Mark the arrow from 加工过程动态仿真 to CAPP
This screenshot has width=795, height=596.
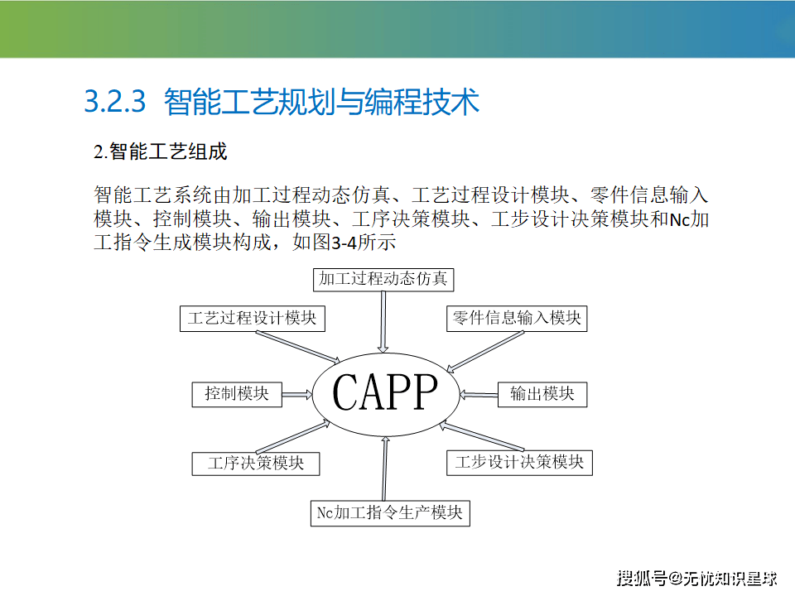pyautogui.click(x=383, y=322)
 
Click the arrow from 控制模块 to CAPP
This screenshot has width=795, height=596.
pyautogui.click(x=297, y=394)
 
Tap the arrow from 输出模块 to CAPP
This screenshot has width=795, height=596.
pyautogui.click(x=478, y=394)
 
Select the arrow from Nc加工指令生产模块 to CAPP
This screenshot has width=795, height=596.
pyautogui.click(x=385, y=469)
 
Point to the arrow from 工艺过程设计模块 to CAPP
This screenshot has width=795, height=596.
pyautogui.click(x=298, y=347)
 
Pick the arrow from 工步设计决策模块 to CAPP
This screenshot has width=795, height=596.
pyautogui.click(x=482, y=436)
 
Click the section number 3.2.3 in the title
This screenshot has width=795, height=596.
pyautogui.click(x=114, y=101)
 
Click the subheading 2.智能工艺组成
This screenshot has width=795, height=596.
pyautogui.click(x=160, y=151)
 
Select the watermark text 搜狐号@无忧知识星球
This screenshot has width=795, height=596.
pyautogui.click(x=696, y=579)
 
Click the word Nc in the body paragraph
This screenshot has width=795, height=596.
pyautogui.click(x=680, y=219)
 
